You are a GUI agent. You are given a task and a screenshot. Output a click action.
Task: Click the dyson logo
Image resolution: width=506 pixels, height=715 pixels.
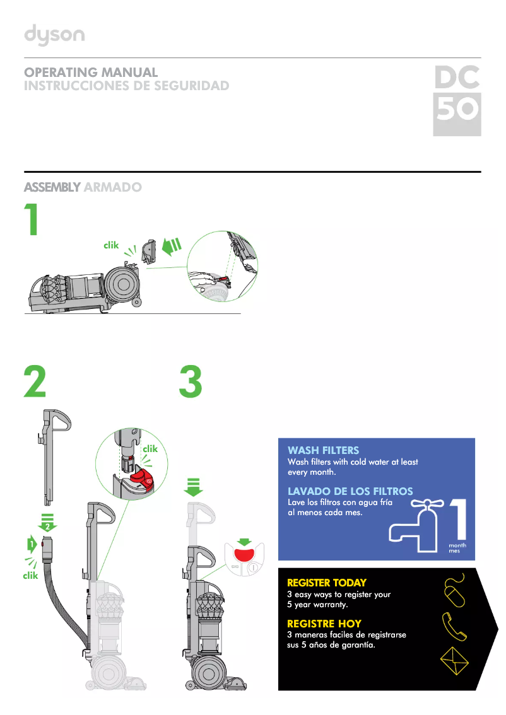tap(54, 35)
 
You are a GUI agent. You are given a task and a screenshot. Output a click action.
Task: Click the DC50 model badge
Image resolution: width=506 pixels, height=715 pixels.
tap(457, 100)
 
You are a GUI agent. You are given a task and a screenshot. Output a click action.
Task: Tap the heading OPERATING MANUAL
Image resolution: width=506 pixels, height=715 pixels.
tap(90, 73)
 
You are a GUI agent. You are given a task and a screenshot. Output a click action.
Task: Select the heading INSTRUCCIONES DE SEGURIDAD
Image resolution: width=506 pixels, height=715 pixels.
tap(126, 86)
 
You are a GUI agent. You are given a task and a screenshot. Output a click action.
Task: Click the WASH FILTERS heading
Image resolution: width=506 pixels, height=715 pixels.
tap(323, 450)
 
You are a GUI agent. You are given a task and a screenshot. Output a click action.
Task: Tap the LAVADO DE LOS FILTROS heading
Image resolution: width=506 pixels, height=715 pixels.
tap(350, 491)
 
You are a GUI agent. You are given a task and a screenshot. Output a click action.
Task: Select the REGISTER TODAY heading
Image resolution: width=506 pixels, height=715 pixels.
tap(326, 583)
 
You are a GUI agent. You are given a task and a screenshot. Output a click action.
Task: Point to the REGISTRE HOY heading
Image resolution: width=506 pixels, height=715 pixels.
tap(324, 624)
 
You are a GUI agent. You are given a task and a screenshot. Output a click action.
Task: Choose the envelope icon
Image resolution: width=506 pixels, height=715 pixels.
tap(455, 661)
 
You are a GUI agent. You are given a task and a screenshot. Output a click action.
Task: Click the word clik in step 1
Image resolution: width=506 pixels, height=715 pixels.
tap(111, 245)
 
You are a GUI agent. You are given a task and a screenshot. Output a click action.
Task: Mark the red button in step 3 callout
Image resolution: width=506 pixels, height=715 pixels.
tap(243, 554)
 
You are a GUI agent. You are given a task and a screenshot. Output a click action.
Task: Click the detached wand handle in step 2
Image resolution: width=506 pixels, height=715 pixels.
tap(52, 454)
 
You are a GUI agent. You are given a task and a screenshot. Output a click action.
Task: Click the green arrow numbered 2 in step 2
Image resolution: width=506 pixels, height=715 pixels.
tap(47, 523)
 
